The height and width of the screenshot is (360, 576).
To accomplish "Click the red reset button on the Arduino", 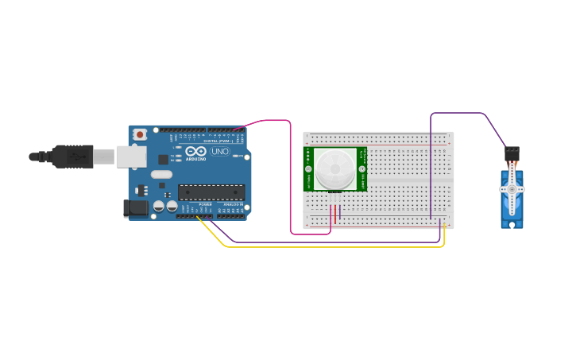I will [140, 135].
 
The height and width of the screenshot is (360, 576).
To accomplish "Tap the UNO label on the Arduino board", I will [219, 151].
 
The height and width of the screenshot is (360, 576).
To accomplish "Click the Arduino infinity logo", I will [196, 150].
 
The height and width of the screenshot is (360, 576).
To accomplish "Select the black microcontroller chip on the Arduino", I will [211, 192].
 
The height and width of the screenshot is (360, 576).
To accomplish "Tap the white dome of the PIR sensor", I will [334, 168].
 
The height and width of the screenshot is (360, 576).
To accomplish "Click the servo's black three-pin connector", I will [512, 151].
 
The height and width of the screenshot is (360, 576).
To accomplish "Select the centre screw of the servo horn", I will [512, 189].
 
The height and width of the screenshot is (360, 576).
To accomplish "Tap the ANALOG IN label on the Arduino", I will [233, 204].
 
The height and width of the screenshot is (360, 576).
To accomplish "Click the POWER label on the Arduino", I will [205, 204].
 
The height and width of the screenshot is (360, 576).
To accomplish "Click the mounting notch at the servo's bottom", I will [512, 224].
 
